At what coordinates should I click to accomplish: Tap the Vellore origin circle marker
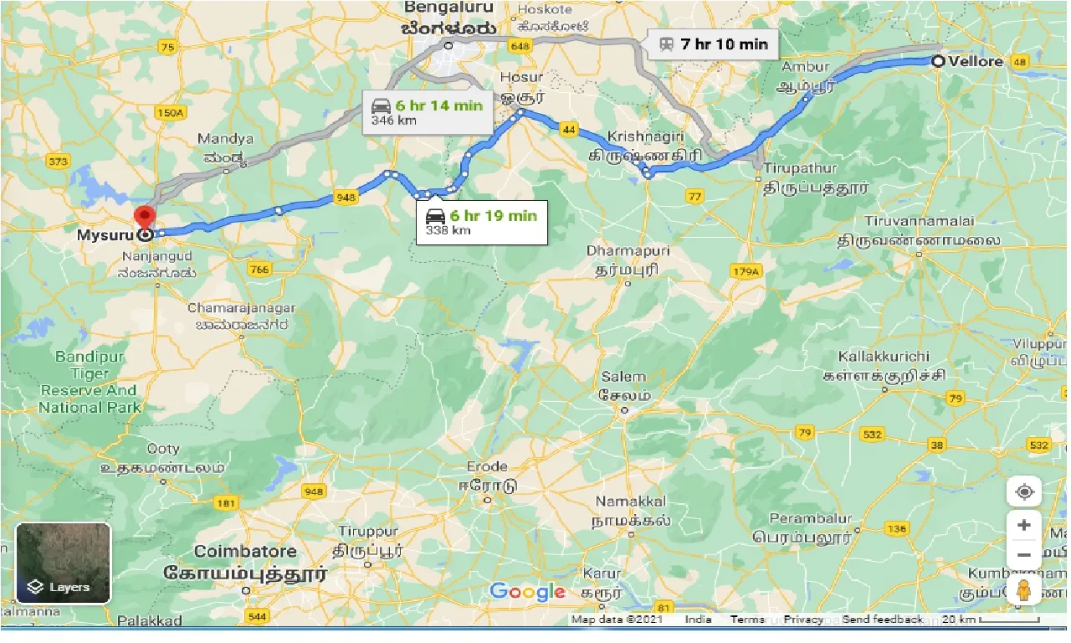coord(939,61)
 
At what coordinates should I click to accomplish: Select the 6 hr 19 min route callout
coord(482,223)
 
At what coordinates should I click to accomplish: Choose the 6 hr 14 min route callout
coord(428,112)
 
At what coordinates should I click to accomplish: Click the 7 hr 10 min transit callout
coord(712,44)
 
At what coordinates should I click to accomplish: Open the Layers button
coord(64,563)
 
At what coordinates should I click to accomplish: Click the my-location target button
coord(1024,492)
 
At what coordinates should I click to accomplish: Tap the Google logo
coord(527,592)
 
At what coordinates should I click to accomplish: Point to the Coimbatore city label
coord(245,552)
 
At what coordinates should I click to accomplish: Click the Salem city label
coord(623,378)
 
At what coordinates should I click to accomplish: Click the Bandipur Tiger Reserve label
coord(88,382)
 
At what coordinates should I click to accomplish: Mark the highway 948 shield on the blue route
coord(345,198)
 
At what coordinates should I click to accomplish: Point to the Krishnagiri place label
coord(646,136)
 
